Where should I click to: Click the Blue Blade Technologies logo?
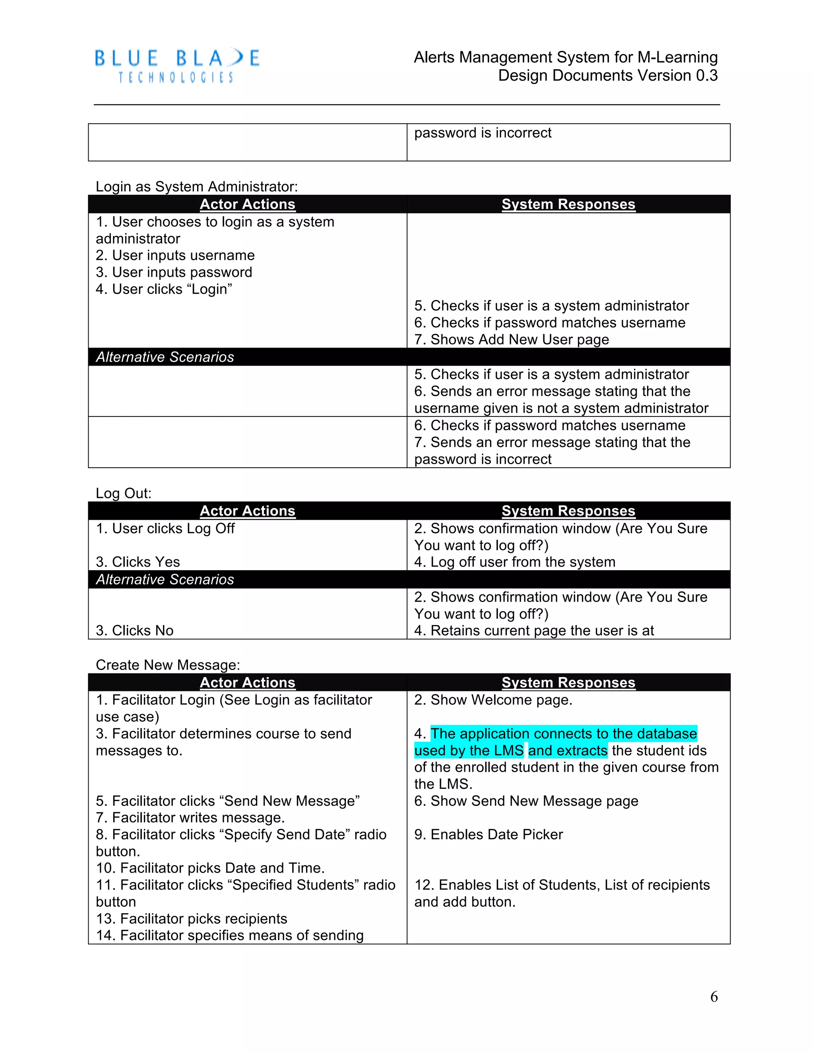click(x=177, y=66)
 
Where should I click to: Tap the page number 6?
click(x=714, y=997)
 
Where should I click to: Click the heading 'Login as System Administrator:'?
click(x=197, y=187)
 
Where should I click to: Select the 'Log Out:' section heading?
click(x=124, y=493)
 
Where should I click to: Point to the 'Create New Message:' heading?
click(x=168, y=665)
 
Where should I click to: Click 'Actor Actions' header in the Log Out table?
click(x=247, y=511)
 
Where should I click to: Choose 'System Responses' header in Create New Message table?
click(x=568, y=682)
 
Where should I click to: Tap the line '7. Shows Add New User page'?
click(x=511, y=339)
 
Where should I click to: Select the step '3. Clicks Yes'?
click(x=138, y=562)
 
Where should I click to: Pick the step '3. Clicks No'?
click(x=135, y=631)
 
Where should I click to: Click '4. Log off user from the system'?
click(x=515, y=562)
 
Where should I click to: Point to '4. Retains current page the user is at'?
click(x=534, y=631)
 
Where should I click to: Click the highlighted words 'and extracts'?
click(x=568, y=751)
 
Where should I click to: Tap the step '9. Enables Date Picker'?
click(x=488, y=834)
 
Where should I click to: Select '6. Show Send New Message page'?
click(x=526, y=801)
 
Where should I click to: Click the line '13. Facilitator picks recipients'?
click(x=192, y=918)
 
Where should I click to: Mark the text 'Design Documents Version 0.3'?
click(x=608, y=75)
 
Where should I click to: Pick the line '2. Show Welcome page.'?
click(x=493, y=700)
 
